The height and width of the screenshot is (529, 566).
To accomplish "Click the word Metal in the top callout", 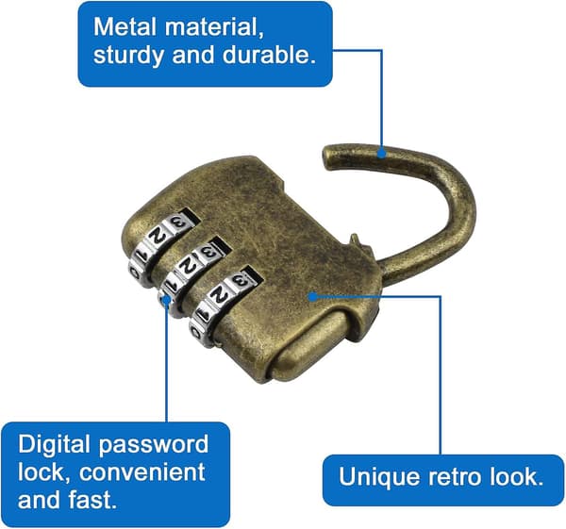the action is (125, 26).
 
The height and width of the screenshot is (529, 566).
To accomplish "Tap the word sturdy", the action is (129, 56).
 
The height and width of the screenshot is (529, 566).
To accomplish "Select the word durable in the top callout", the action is (269, 55).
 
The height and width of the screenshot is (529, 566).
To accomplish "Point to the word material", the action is (214, 27).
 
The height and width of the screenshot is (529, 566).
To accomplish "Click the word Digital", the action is (54, 445).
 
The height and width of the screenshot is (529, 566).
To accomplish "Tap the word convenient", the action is (141, 472).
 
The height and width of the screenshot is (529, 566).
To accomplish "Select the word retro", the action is (455, 477).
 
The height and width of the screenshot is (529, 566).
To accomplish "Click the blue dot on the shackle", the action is (381, 154).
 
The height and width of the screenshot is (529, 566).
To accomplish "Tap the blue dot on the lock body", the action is (313, 297).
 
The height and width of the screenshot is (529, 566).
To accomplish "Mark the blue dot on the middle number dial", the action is (166, 300).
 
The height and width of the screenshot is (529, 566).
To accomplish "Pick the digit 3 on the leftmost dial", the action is (178, 222).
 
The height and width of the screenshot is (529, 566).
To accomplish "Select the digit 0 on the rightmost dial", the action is (196, 332).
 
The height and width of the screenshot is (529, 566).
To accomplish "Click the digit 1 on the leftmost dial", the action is (141, 255).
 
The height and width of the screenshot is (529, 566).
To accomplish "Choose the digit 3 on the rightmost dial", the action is (240, 279).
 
